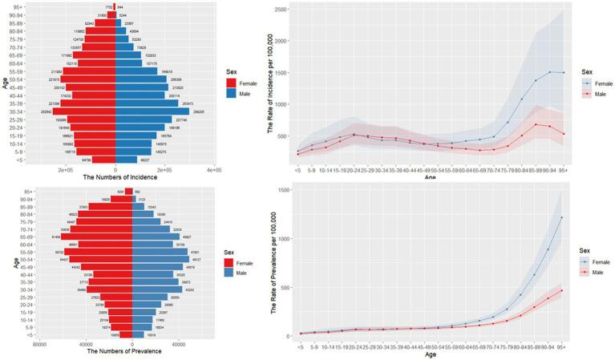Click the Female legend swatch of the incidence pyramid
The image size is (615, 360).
point(231,82)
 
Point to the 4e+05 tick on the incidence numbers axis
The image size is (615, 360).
point(212,170)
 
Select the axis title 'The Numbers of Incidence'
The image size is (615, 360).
point(115,178)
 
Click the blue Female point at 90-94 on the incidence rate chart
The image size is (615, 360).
point(550,72)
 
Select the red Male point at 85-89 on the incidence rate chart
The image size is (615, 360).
point(536,124)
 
